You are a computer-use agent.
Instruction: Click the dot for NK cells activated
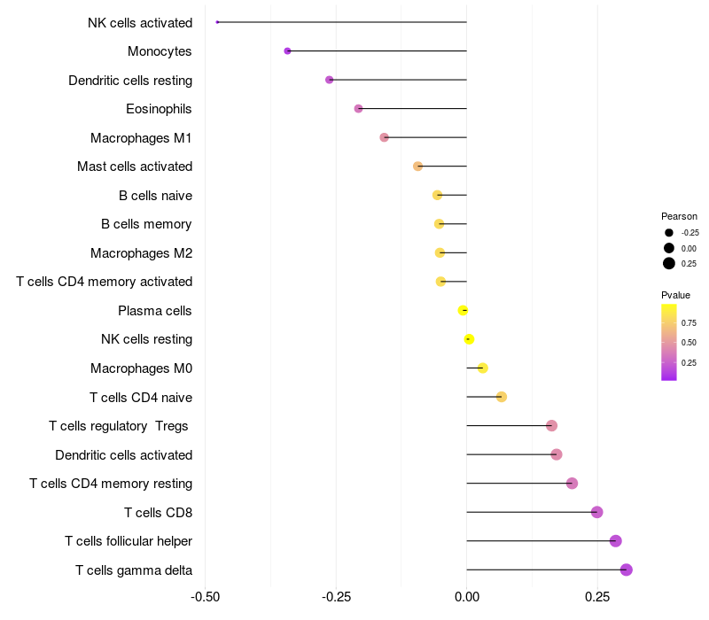coord(217,22)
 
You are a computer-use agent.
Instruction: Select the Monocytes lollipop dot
coord(287,51)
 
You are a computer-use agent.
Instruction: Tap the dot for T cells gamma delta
coord(627,570)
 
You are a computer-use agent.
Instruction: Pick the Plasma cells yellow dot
coord(463,311)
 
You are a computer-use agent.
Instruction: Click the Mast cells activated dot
coord(417,167)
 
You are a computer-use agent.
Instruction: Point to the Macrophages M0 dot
coord(482,368)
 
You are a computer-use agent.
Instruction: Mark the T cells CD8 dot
coord(596,512)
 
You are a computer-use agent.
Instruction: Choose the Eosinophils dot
coord(358,108)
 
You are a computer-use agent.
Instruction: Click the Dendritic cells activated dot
coord(557,454)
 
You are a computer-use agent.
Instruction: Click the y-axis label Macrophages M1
coord(141,138)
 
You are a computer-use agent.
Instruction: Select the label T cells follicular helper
coord(129,541)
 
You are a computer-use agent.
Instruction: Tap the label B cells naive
coord(156,196)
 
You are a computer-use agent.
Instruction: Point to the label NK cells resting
coord(147,339)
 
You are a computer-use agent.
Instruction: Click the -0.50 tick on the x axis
coord(206,597)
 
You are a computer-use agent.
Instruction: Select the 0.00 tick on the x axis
coord(467,597)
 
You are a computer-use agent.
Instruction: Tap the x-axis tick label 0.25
coord(597,597)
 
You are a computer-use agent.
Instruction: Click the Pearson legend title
coord(679,216)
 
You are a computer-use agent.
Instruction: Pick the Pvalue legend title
coord(675,295)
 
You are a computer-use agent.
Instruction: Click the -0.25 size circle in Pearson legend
coord(669,233)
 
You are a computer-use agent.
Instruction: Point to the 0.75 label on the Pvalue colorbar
coord(689,323)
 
